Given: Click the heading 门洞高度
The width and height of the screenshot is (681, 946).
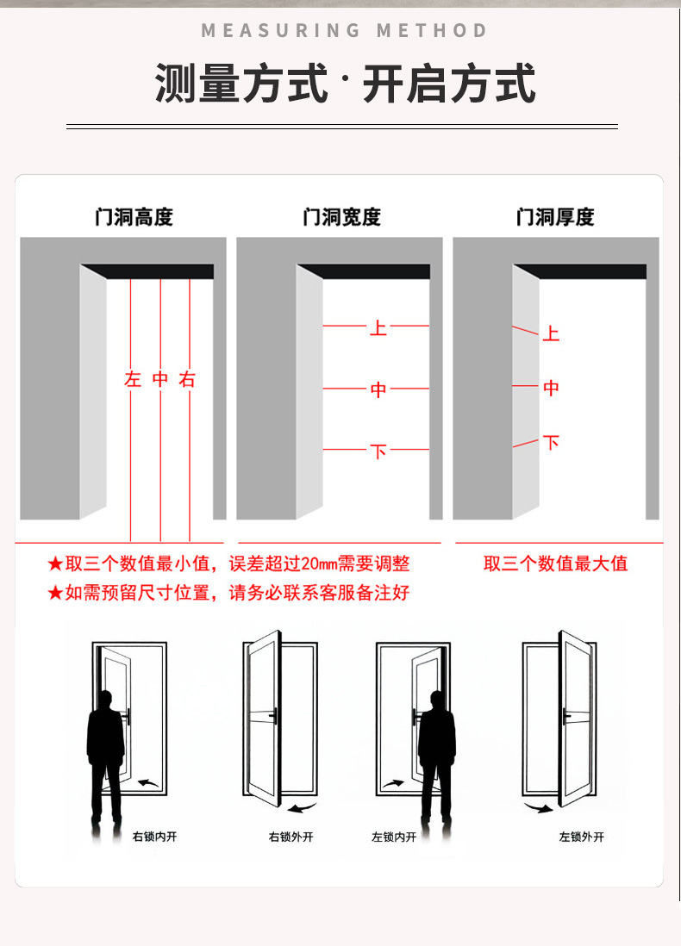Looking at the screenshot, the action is coord(134,216).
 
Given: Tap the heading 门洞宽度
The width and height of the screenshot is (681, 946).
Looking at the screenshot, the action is coord(341,216).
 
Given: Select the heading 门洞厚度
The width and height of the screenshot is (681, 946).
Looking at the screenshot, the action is coord(555,216).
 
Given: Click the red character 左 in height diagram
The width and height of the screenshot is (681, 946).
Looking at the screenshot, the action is coord(133,379).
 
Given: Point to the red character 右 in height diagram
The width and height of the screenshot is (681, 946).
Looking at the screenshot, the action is coord(187,379).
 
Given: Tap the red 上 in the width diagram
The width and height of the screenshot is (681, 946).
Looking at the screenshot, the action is coord(378,328).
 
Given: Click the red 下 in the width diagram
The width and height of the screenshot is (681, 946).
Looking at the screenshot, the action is coord(378,451).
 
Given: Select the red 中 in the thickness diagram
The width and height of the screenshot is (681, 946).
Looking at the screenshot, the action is coord(551,388).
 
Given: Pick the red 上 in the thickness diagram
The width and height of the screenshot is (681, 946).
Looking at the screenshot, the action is coord(551,333).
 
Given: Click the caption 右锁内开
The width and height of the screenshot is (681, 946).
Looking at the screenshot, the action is coord(154,837).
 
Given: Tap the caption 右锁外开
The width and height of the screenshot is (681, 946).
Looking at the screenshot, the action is coord(291,837).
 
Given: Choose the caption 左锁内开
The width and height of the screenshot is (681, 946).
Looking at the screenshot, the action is coord(394,837).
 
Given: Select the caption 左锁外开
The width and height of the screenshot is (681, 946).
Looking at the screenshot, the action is coord(581,837).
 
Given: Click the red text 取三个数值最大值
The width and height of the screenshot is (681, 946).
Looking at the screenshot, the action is coord(555,563).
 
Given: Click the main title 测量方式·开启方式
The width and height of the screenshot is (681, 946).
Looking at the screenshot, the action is coord(346,83).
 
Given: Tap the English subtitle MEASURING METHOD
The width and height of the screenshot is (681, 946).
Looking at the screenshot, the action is coord(344,30).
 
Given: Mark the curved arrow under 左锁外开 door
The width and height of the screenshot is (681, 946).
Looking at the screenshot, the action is coord(539,807).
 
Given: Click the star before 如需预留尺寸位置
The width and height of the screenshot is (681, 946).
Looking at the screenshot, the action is coord(55,593).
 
